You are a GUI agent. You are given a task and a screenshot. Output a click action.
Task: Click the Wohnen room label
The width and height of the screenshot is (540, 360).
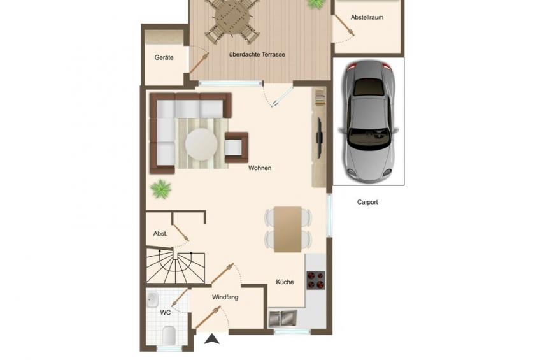pos(260,168)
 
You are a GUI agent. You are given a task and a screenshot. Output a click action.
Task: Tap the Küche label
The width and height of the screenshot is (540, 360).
pos(285,282)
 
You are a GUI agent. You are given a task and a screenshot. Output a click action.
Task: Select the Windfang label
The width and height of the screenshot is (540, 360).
pos(225,297)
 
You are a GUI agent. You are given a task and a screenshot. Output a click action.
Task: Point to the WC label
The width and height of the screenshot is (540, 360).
pos(166,313)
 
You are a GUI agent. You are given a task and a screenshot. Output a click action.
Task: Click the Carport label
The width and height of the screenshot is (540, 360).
pos(367,202)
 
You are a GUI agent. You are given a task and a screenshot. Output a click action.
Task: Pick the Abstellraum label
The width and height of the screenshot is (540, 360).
pos(367,17)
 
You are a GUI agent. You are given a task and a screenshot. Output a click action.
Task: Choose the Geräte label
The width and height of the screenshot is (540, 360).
pos(164,57)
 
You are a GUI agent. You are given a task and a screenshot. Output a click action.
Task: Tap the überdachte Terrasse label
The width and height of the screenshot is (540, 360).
pos(257,54)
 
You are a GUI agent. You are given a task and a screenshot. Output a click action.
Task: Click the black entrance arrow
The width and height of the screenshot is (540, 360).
pos(212,339)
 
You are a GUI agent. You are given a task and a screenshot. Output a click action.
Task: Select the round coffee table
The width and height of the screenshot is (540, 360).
pos(201,144)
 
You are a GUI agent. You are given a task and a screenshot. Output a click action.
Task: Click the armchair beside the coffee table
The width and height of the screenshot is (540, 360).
pos(236,147)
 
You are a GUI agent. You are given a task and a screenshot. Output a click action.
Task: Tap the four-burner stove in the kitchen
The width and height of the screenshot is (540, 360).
pos(316,280)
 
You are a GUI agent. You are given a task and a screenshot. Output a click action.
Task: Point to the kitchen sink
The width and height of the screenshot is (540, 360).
pos(283,318)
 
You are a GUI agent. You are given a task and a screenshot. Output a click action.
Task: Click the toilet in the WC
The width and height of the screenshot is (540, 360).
pos(169,335)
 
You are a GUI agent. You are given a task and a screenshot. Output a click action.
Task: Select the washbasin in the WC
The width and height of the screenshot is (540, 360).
pos(152,299)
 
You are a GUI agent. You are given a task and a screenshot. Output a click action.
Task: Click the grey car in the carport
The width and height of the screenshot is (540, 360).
pos(369,121)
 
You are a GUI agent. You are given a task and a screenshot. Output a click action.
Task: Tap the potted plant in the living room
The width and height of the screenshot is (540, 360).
pos(161,189)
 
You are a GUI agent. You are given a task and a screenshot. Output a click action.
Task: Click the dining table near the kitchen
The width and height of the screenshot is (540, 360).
pos(288,229)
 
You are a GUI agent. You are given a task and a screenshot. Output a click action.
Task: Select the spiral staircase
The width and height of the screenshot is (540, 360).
pos(176,266)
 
